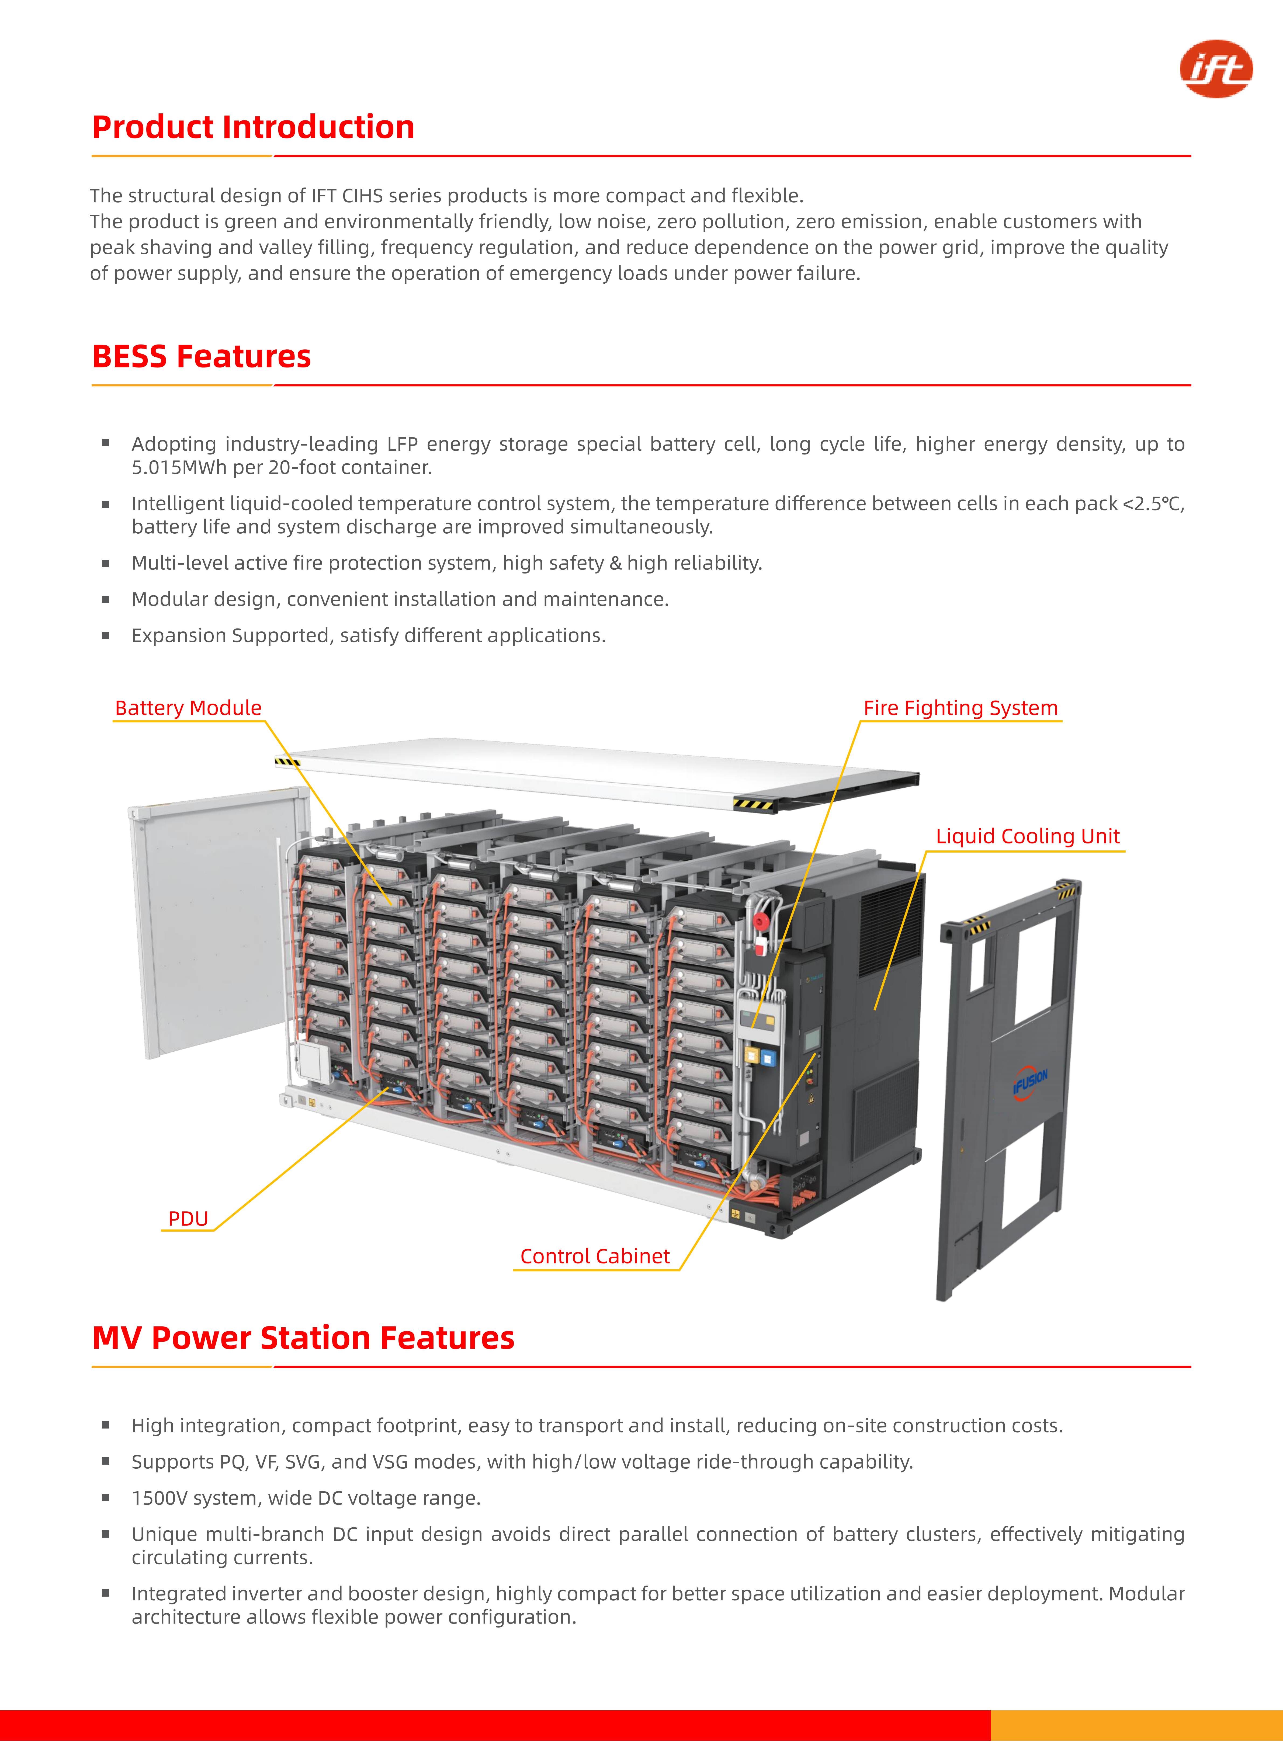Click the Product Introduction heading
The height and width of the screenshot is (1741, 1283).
tap(253, 127)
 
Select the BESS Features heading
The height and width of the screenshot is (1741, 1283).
tap(201, 356)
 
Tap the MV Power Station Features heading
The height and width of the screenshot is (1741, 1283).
tap(303, 1338)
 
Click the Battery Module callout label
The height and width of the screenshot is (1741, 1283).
tap(188, 708)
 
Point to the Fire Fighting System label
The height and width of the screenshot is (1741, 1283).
tap(961, 708)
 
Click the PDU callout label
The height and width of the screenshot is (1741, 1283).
tap(188, 1218)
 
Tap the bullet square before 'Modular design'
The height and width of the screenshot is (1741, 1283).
tap(106, 599)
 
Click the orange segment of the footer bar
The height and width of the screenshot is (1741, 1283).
tap(1136, 1725)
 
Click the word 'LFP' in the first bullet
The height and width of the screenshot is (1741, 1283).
tap(403, 444)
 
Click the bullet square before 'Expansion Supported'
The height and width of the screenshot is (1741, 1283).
tap(106, 636)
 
